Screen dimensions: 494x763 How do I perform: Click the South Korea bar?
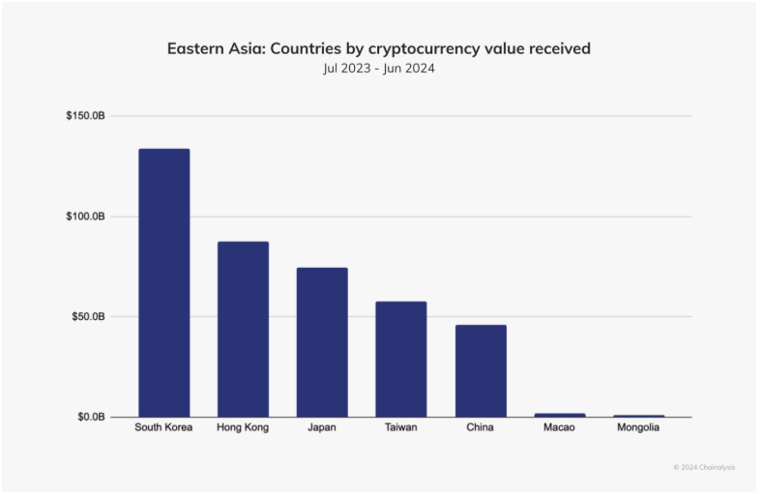163,282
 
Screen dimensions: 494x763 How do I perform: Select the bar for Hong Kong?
243,329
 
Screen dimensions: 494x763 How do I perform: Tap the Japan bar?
322,342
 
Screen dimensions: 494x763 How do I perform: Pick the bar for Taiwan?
400,359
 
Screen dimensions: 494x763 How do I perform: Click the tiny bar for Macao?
560,415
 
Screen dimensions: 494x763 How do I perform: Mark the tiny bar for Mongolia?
638,416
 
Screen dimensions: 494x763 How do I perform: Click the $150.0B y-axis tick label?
85,116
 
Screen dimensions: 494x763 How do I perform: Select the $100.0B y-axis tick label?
85,217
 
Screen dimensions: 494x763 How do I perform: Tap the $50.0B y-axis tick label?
88,317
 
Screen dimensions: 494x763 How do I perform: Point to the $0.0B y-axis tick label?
91,418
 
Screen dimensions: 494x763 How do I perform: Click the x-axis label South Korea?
163,427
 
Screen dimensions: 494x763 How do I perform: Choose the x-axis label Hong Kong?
243,427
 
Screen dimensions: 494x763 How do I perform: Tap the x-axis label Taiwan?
400,427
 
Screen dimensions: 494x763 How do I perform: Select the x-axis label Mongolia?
638,427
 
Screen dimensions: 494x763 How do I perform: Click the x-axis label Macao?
560,427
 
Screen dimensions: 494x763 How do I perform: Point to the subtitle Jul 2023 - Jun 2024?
379,69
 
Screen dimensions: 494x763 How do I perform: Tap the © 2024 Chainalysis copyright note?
704,467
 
